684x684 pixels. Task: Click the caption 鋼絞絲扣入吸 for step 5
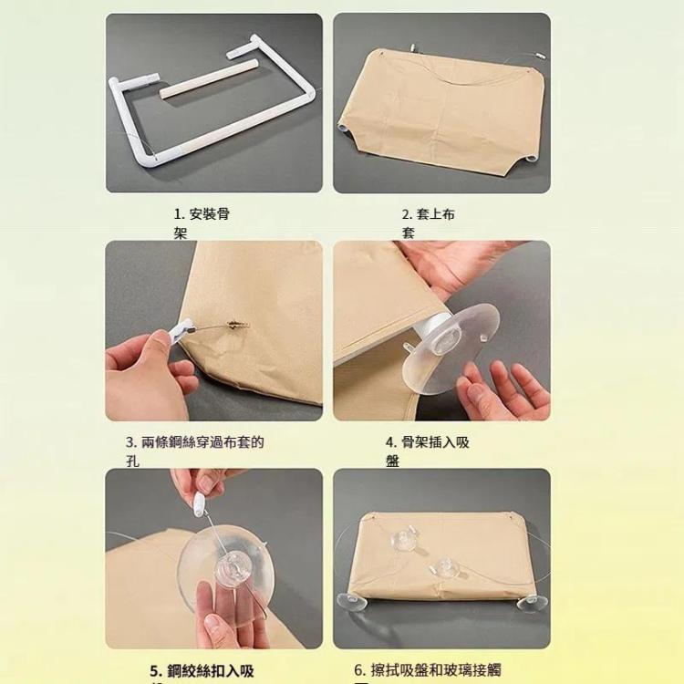pyautogui.click(x=202, y=671)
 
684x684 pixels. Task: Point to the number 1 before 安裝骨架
pyautogui.click(x=178, y=214)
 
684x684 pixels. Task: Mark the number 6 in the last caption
pyautogui.click(x=359, y=670)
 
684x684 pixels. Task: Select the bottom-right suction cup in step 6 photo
pyautogui.click(x=531, y=603)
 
